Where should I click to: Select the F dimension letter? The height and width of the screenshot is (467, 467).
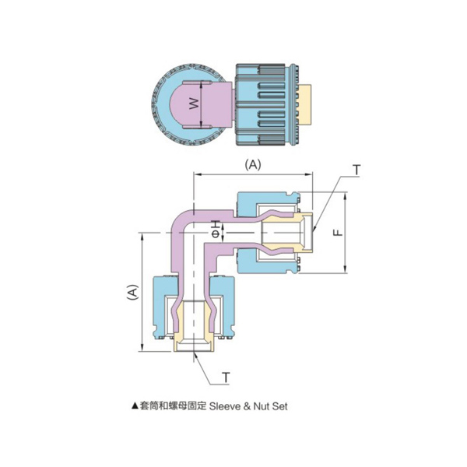[335, 233]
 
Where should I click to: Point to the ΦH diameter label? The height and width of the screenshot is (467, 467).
[215, 230]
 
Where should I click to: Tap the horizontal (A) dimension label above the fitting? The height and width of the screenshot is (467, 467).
[253, 165]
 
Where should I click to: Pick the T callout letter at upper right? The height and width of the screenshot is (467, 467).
[356, 170]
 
